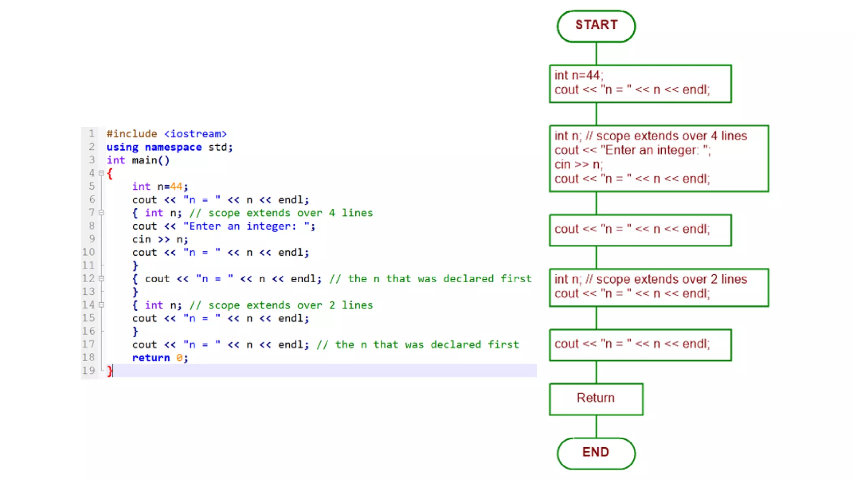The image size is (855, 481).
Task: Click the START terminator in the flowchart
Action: pos(596,26)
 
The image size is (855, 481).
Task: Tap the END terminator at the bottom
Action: pos(596,453)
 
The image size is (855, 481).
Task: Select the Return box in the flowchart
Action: pos(596,399)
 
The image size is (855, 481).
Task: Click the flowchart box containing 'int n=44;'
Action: pos(640,84)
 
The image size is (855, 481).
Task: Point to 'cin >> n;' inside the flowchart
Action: pos(579,165)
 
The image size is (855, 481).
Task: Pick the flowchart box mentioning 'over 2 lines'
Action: pos(659,288)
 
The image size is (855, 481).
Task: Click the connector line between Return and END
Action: pos(596,426)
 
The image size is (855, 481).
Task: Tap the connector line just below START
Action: pos(596,53)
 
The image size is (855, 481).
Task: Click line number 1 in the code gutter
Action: pos(91,134)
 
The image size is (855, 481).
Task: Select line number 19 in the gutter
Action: pos(89,370)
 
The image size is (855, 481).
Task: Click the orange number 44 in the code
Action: pos(176,187)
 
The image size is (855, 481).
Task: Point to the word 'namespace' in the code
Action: pos(173,147)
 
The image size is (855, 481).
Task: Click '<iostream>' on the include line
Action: pos(195,134)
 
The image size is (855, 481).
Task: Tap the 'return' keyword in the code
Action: pos(151,358)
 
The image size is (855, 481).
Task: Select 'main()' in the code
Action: pos(151,160)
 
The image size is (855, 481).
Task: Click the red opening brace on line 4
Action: pos(110,174)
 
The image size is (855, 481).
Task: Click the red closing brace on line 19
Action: pos(109,371)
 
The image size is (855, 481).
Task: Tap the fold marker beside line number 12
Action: pos(101,278)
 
